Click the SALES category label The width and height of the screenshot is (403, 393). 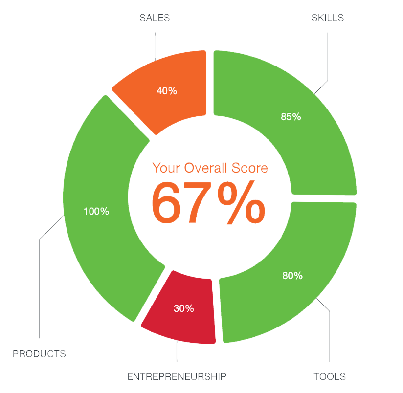(x=155, y=18)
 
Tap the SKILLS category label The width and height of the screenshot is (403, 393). (x=328, y=18)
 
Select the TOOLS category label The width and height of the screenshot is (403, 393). (x=329, y=376)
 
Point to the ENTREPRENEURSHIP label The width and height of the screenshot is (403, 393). (x=177, y=376)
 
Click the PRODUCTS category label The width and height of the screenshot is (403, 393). (x=39, y=353)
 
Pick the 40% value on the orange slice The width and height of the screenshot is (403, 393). (x=167, y=91)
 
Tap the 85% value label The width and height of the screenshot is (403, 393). (x=291, y=117)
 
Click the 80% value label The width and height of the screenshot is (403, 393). (x=292, y=276)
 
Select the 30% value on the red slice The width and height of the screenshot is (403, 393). (x=184, y=308)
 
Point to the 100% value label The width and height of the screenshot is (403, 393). (x=96, y=212)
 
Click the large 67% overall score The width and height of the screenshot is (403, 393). (x=208, y=202)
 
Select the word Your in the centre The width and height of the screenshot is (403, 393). (x=165, y=168)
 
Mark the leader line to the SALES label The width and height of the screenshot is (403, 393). (x=155, y=46)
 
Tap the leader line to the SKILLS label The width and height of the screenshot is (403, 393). (x=328, y=54)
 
